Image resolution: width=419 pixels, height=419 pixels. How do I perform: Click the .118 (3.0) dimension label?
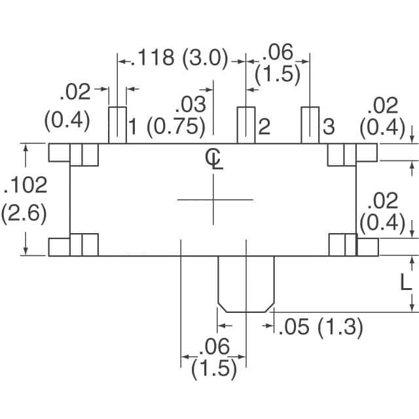pos(183,58)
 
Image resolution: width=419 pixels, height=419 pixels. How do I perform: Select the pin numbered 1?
pos(117,125)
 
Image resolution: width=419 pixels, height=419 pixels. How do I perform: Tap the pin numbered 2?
pos(246,125)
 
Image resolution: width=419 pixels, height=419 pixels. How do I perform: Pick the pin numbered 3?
pos(310,125)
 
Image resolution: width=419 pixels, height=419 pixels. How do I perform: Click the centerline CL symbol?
pos(214,159)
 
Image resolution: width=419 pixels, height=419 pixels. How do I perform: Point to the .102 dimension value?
pos(26,185)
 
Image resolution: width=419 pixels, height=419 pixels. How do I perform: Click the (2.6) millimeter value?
pos(24,214)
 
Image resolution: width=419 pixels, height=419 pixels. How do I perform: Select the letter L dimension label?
pos(406,283)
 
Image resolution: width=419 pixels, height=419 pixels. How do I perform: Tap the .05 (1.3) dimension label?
pos(320,327)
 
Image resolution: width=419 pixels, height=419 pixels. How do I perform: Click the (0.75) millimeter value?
pos(176,126)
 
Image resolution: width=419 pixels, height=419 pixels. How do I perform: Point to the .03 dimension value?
pos(191,105)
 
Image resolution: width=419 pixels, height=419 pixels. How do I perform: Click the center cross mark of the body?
pos(213,199)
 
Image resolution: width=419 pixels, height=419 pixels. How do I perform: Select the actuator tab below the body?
pos(246,284)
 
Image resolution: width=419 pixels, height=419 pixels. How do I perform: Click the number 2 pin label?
pos(264,126)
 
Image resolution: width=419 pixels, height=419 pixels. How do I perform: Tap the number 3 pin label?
pos(329,126)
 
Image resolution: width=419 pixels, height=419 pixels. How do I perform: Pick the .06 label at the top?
pos(278,52)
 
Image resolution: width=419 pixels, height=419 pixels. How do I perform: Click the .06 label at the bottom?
pos(214,346)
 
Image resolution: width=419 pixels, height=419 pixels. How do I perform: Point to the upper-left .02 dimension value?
pos(75,92)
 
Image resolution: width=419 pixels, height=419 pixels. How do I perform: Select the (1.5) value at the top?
pos(278,75)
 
